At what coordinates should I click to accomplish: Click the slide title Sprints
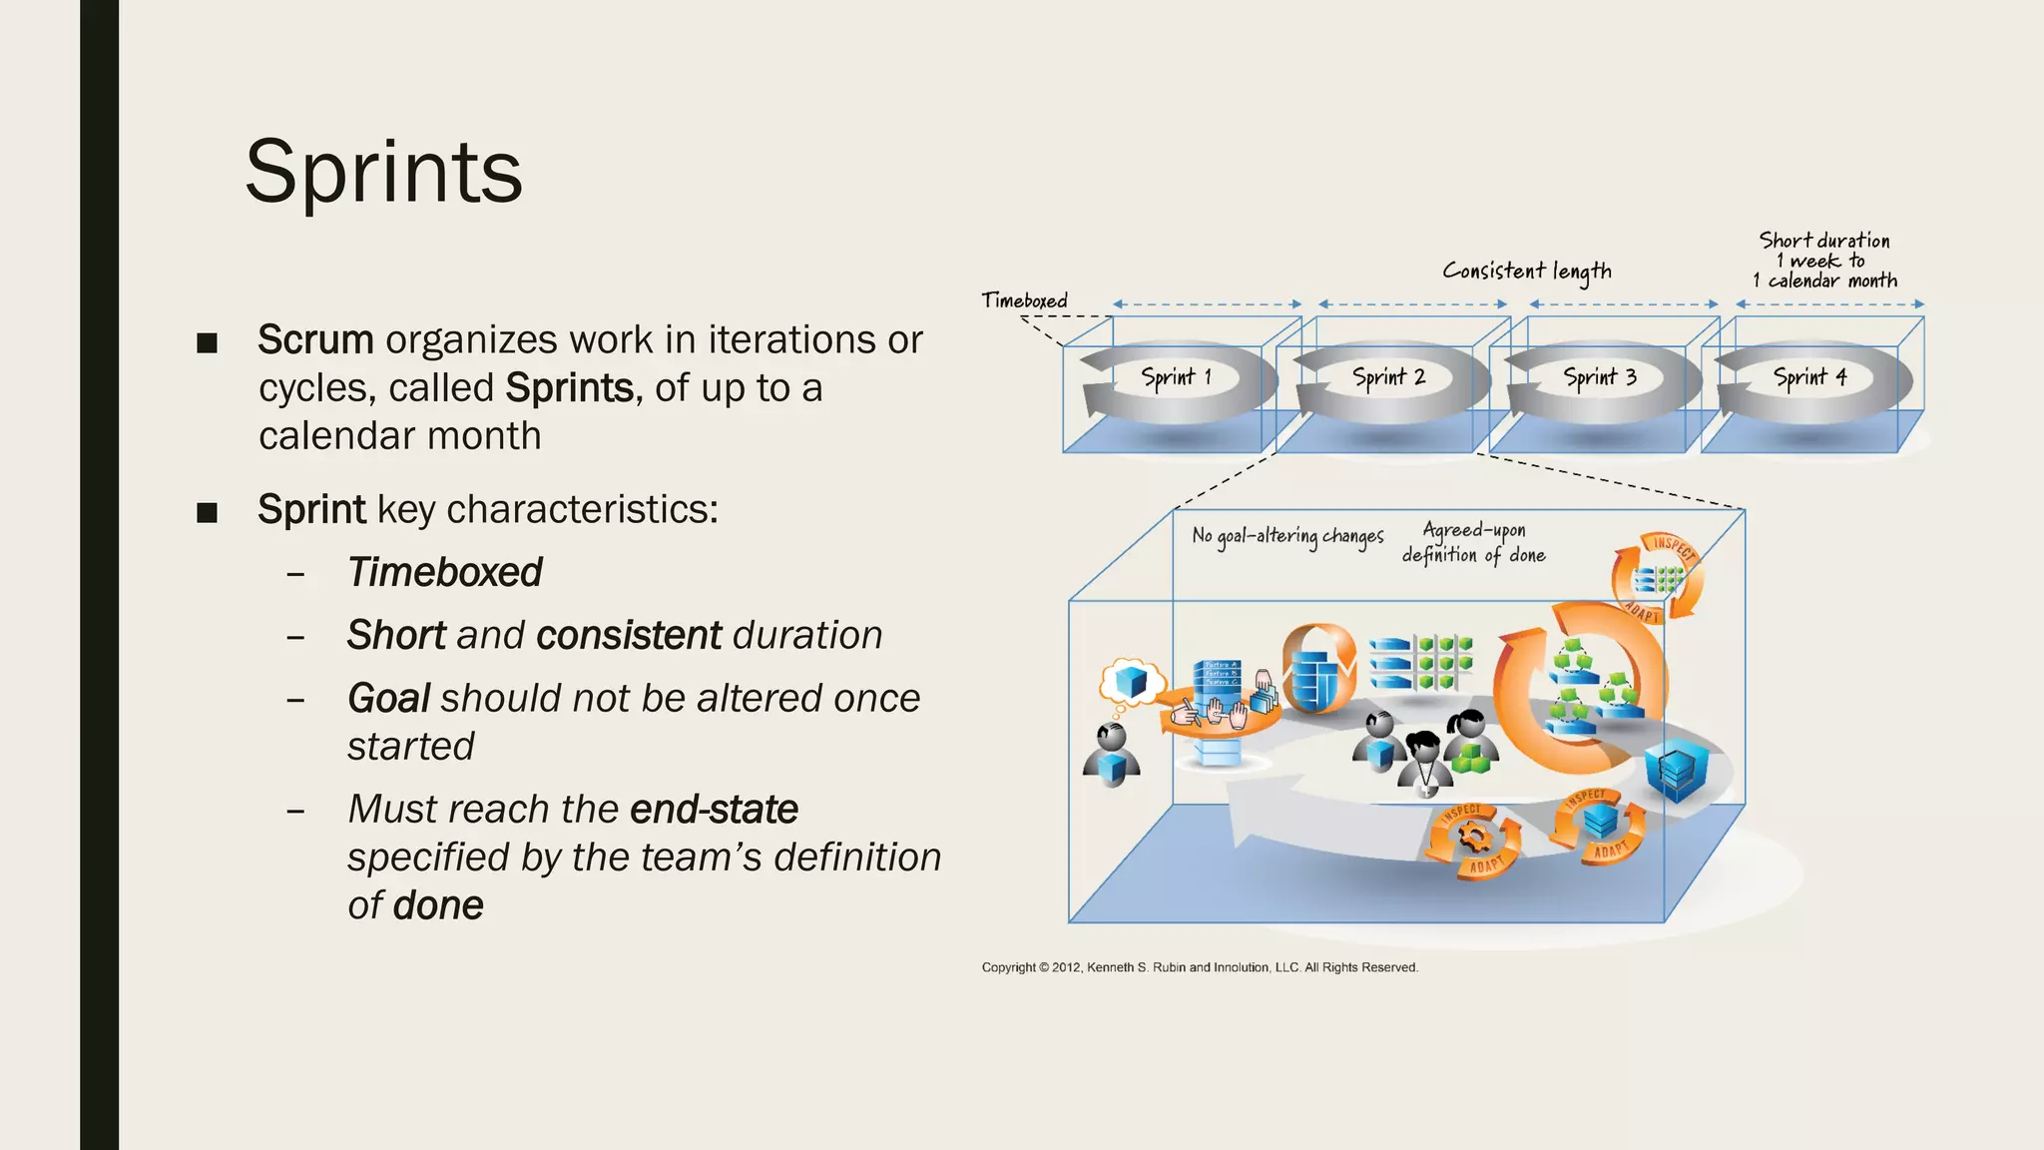[383, 173]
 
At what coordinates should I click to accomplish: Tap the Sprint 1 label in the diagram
[1176, 377]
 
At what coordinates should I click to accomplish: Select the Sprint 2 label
[1388, 377]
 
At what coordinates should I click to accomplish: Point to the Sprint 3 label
[1600, 377]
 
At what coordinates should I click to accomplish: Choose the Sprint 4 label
[1809, 377]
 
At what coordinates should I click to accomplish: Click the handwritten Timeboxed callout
[1024, 300]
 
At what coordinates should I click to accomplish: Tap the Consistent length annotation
[1526, 272]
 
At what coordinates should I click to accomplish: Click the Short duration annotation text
[1824, 261]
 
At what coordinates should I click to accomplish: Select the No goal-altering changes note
[1287, 536]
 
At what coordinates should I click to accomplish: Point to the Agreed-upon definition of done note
[1473, 542]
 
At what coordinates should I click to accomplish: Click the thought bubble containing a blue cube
[1131, 683]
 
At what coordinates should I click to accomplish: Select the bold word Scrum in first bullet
[315, 339]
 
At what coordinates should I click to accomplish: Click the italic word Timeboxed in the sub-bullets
[444, 572]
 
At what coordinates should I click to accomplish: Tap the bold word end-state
[714, 809]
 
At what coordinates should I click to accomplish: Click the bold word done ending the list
[438, 905]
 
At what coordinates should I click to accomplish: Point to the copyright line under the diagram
[1199, 967]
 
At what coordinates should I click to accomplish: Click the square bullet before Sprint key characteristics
[207, 513]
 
